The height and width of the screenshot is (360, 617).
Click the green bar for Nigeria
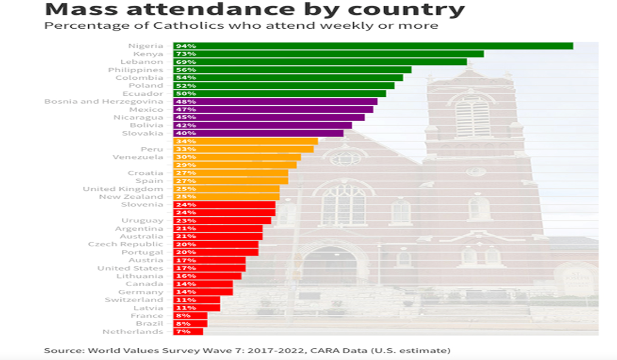click(372, 46)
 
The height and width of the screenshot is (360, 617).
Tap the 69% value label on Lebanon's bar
click(183, 62)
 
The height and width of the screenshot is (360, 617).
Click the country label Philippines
click(136, 70)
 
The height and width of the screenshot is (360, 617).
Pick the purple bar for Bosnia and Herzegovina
click(275, 102)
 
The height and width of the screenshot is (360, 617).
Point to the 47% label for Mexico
click(183, 110)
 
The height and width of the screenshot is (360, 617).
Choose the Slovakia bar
click(258, 133)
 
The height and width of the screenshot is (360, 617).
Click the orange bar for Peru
click(243, 149)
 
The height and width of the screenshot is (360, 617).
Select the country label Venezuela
click(138, 157)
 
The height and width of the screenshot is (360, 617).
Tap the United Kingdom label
click(123, 189)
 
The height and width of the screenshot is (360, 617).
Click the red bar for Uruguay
click(222, 221)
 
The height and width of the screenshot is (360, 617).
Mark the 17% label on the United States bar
click(183, 269)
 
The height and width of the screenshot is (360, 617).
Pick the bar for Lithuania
click(207, 276)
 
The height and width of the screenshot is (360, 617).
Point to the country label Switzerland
click(134, 300)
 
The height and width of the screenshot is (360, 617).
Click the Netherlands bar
click(188, 332)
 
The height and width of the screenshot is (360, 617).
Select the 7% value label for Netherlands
click(181, 332)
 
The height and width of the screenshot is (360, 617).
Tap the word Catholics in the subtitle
click(163, 26)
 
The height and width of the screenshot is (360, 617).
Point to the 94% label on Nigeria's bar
click(183, 46)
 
